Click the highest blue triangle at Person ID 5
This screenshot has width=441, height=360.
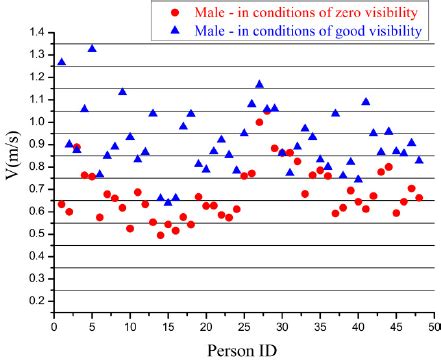(x=92, y=48)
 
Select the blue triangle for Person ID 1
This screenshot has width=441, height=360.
(x=62, y=62)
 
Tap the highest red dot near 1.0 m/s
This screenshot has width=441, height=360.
(x=259, y=122)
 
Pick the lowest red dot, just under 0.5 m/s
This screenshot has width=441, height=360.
(x=160, y=235)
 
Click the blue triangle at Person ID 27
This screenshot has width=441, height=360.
(x=259, y=85)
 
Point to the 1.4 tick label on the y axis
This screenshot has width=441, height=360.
(x=38, y=33)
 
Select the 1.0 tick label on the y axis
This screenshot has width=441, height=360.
(x=38, y=122)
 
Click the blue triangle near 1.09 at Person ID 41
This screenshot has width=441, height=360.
(x=365, y=102)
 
